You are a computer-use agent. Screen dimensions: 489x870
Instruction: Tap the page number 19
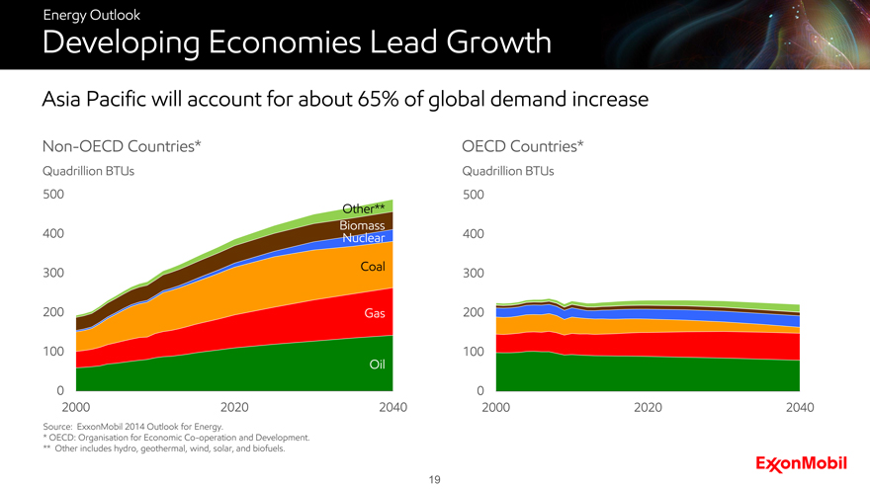pos(434,480)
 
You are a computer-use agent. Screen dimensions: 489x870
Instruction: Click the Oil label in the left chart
pos(376,366)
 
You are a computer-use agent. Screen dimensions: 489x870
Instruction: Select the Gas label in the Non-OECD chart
pos(374,313)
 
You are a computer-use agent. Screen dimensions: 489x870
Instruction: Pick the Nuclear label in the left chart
pos(363,239)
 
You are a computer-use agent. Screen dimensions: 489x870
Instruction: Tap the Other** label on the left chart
pos(363,208)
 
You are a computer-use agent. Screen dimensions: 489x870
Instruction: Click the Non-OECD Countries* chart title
pos(123,147)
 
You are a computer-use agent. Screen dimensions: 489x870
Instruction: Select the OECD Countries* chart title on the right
pos(523,147)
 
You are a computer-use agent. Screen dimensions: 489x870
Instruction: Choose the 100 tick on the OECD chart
pos(474,352)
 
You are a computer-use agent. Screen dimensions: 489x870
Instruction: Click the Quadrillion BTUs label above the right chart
pos(507,171)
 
